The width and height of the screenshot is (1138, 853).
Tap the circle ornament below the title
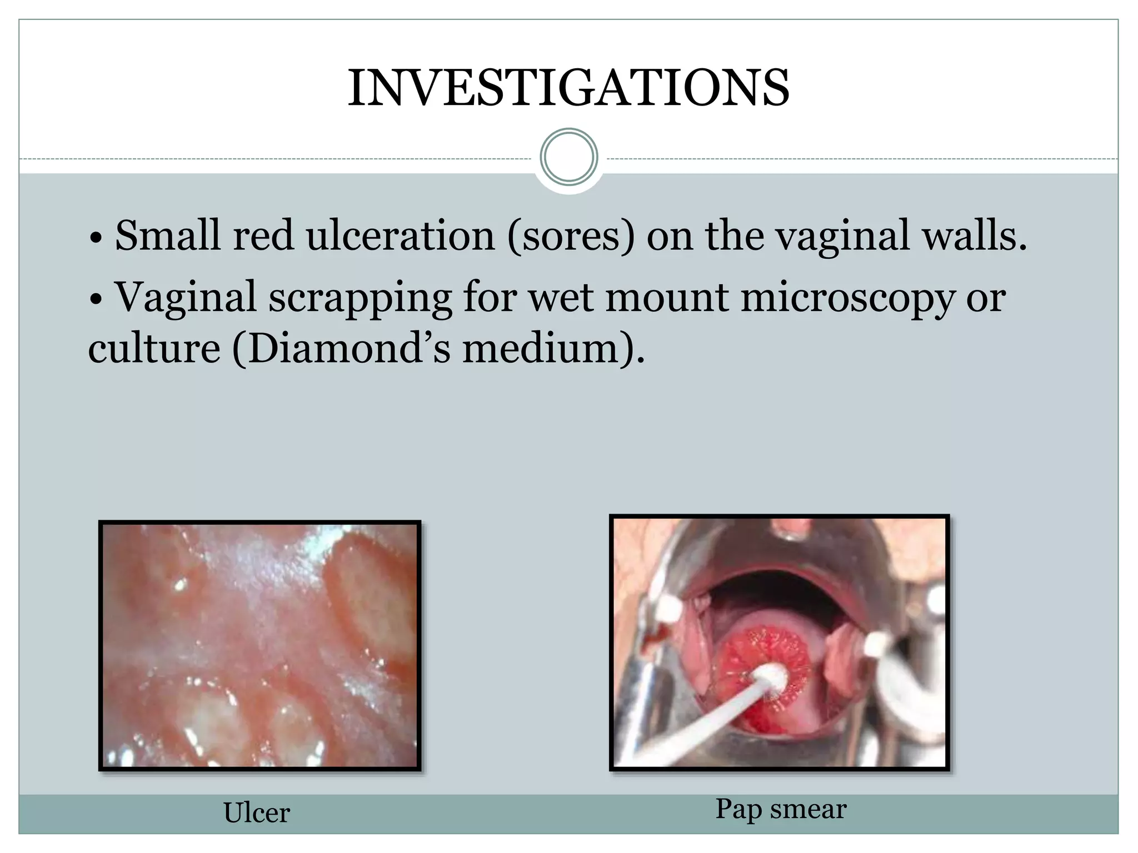(x=568, y=157)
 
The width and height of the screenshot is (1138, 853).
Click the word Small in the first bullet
(x=167, y=235)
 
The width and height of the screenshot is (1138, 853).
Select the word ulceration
(x=400, y=235)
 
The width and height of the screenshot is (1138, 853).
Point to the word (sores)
(x=571, y=237)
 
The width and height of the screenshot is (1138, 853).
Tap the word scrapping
(x=360, y=299)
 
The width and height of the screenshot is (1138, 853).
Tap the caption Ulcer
(x=256, y=813)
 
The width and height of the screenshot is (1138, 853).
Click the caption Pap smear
(x=781, y=809)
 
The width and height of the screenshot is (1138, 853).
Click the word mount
(x=666, y=299)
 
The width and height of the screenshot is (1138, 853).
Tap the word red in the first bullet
(x=263, y=235)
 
